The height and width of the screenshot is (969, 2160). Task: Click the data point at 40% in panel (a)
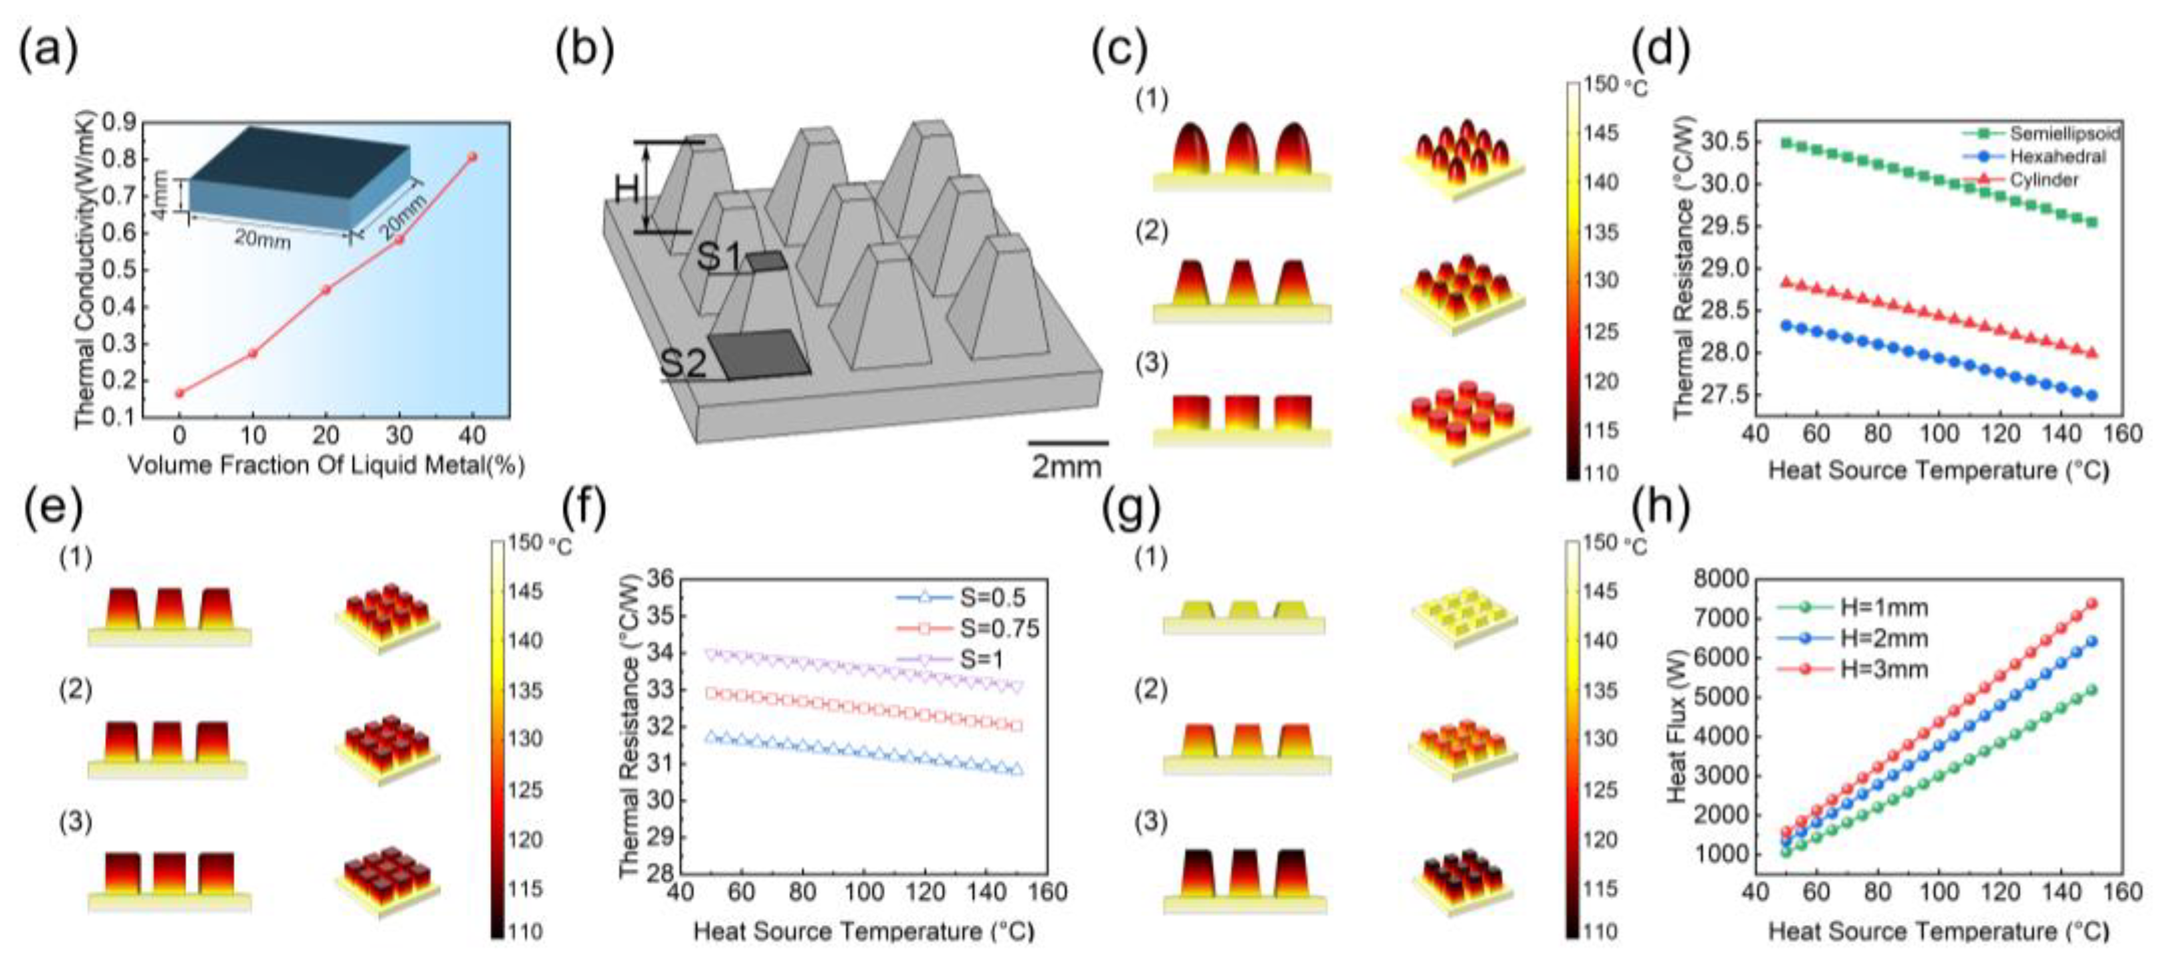473,157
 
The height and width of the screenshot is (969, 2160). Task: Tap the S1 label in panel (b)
719,257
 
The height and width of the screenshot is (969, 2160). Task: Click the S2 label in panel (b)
683,364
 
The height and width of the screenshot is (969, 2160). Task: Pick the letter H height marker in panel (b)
627,190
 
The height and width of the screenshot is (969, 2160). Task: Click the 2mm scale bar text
1066,466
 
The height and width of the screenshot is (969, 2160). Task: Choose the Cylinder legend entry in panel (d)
2044,179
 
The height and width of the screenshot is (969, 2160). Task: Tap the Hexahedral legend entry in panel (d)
2057,157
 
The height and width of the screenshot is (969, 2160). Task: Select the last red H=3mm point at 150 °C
2091,603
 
